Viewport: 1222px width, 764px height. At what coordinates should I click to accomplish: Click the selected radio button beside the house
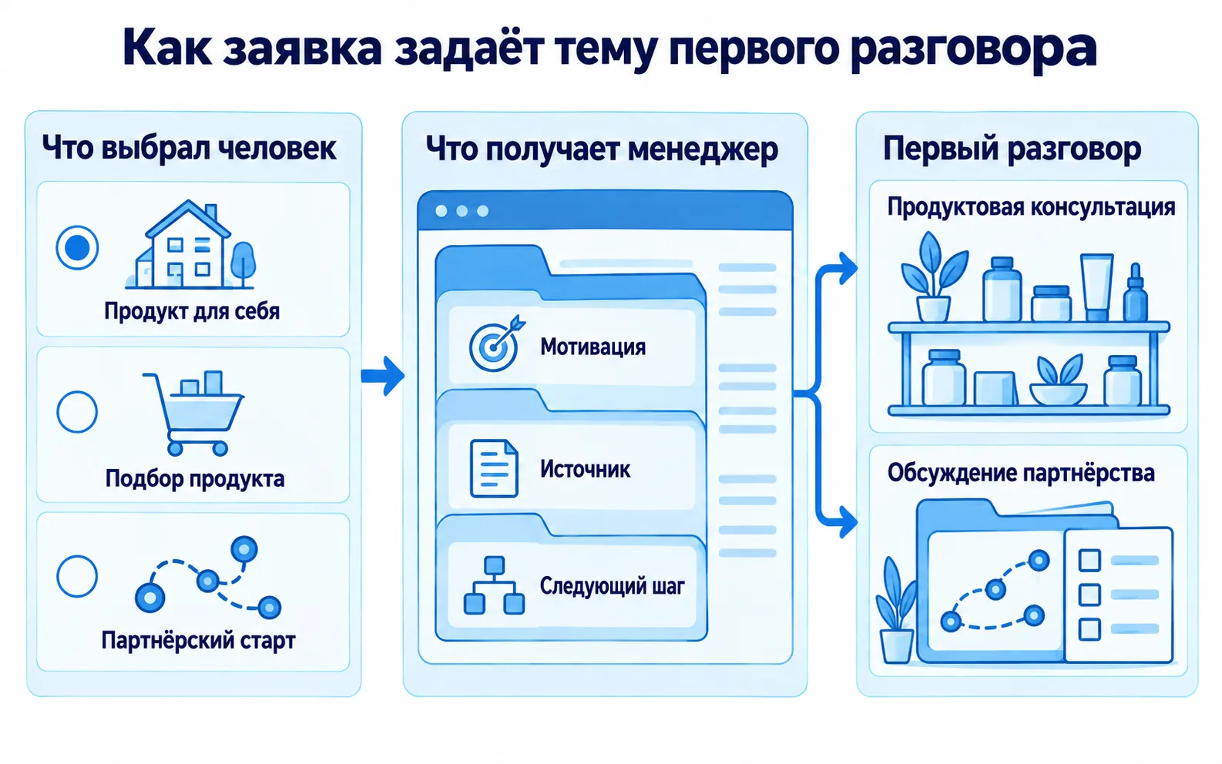pos(77,247)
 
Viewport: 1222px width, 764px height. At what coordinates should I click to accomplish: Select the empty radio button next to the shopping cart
pos(77,412)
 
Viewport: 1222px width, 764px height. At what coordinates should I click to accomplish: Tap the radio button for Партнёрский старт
pos(77,576)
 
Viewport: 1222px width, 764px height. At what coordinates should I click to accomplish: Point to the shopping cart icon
pos(193,413)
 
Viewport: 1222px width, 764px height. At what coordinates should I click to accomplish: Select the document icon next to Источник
pos(494,468)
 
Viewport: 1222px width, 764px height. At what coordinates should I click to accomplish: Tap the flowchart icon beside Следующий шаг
pos(494,585)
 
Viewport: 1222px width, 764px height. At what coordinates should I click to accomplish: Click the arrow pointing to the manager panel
pos(382,375)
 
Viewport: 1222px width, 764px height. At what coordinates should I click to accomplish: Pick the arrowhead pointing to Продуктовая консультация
pos(848,268)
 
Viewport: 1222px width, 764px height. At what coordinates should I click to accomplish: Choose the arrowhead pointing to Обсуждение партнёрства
pos(848,522)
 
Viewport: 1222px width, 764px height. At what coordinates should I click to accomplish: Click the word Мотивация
pos(593,347)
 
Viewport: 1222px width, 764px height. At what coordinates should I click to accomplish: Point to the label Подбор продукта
pos(195,478)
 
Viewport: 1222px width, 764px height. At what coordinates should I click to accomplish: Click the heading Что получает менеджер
pos(602,149)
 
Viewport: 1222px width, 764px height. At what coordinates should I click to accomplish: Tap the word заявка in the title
pos(302,48)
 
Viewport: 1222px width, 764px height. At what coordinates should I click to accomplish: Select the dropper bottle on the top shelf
pos(1135,293)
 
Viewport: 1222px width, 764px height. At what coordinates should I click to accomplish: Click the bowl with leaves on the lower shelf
pos(1058,380)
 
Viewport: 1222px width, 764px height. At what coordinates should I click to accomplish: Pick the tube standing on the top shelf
pos(1097,287)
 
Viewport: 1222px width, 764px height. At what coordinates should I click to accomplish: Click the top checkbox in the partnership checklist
pos(1089,560)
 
